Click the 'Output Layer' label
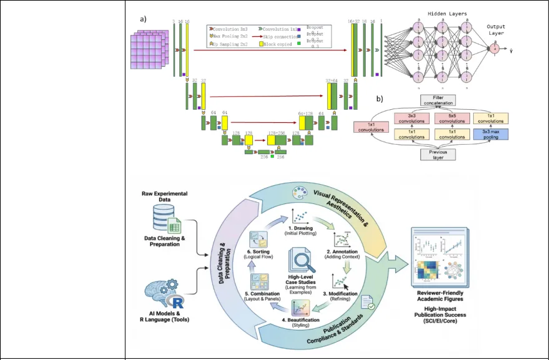point(498,30)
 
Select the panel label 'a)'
point(144,19)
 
